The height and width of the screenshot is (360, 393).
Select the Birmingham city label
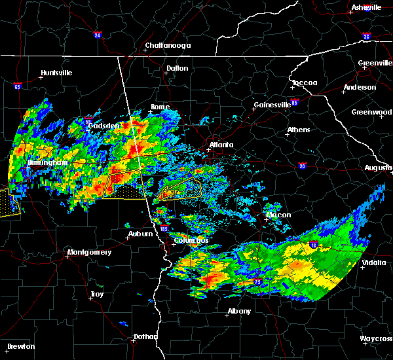pos(47,162)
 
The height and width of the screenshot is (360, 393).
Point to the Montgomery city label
pos(90,252)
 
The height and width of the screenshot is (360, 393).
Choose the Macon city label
pos(278,215)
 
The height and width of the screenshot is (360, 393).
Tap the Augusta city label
pos(378,168)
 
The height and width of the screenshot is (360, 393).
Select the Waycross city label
pos(376,338)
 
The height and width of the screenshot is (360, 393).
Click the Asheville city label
pos(366,7)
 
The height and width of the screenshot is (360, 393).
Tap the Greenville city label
pos(375,63)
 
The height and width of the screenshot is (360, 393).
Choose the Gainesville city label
pos(272,105)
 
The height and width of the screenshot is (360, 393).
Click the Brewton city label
pos(20,346)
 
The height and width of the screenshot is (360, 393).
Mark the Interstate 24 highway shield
pos(97,35)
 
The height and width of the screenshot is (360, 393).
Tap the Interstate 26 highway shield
pos(366,36)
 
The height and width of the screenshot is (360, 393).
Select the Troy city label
pos(96,295)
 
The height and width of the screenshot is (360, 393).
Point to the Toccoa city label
pos(305,82)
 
